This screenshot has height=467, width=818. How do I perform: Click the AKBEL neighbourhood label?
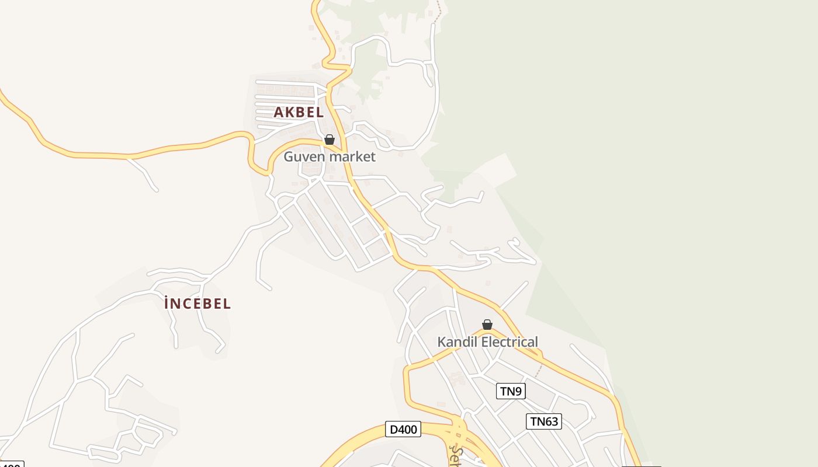coord(299,112)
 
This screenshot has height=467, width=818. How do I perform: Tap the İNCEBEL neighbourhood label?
coord(197,304)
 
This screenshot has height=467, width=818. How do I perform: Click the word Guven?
coord(304,156)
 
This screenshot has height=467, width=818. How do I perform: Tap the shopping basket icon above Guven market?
coord(330,140)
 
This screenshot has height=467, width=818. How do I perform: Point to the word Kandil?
coord(456,342)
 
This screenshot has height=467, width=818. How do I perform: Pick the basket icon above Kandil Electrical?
coord(487,325)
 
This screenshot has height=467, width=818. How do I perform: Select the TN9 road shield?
coord(511,391)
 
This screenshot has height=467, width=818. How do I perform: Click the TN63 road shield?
coord(544,421)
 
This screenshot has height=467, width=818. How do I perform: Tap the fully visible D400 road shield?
coord(403,430)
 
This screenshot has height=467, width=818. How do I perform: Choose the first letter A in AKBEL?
coord(279,113)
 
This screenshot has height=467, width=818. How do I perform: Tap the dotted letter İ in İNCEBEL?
coord(167,303)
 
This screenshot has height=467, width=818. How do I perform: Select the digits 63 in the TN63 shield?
coord(550,421)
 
